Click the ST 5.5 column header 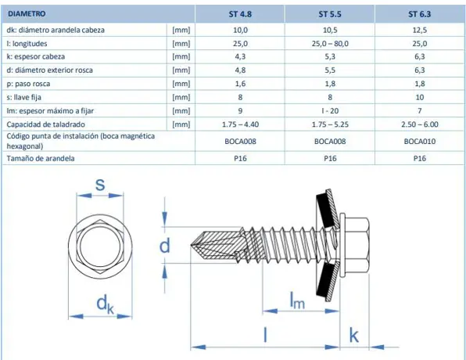[x=330, y=14]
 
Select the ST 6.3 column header [x=419, y=14]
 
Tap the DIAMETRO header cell [x=27, y=13]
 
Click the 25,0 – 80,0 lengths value [x=330, y=44]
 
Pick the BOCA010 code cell [x=420, y=142]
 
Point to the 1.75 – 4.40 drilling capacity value [x=241, y=124]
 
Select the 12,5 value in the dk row [x=420, y=30]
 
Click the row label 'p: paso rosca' [x=28, y=84]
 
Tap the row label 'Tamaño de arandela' [x=41, y=158]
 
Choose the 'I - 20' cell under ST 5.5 [x=330, y=111]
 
